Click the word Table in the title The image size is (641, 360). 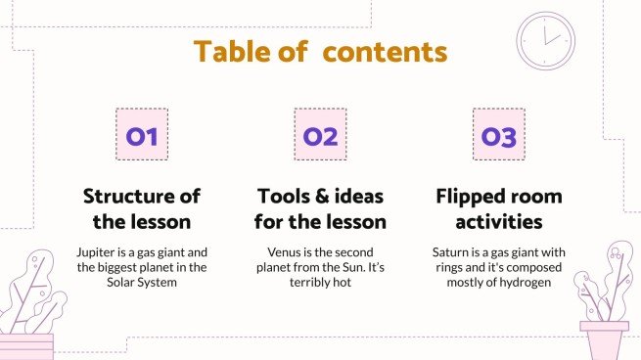pos(230,51)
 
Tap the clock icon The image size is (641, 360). pos(544,41)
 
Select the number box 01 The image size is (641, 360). pos(142,135)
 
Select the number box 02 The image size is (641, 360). pos(320,135)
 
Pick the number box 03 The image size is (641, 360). pos(498,135)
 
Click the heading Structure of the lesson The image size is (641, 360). pos(142,208)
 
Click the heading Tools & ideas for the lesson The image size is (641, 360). pos(320,208)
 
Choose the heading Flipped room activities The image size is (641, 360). pos(498,208)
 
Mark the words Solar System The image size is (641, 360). pos(142,284)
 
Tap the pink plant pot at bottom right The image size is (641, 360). pos(604,340)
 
